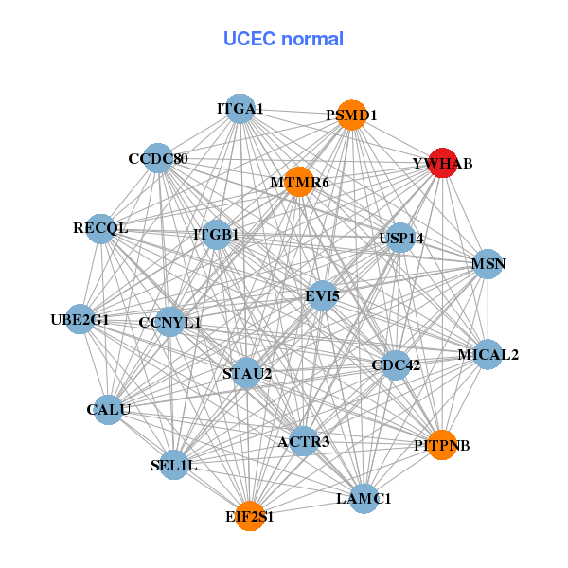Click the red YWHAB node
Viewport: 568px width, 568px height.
pos(443,163)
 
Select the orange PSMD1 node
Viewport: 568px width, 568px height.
pos(351,115)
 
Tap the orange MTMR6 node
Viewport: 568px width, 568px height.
pos(299,182)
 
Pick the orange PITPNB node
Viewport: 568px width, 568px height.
pos(442,444)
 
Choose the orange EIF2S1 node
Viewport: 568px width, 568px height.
pos(250,516)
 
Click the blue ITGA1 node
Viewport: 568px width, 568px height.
pos(240,109)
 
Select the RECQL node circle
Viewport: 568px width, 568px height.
pos(100,228)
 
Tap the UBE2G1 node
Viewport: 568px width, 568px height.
pos(80,320)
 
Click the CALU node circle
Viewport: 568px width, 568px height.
pos(108,410)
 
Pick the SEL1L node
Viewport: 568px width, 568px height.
pos(174,465)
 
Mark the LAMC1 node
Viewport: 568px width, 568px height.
pos(364,497)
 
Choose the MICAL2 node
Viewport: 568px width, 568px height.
pos(488,355)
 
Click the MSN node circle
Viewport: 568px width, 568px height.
pos(488,263)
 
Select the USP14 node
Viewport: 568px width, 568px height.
pos(401,238)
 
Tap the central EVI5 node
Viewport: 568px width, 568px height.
pos(322,296)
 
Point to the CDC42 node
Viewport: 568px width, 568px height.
pos(396,364)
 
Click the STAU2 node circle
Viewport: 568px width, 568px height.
pos(247,373)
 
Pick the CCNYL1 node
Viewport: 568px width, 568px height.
pos(170,323)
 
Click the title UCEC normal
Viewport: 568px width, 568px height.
pos(283,39)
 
